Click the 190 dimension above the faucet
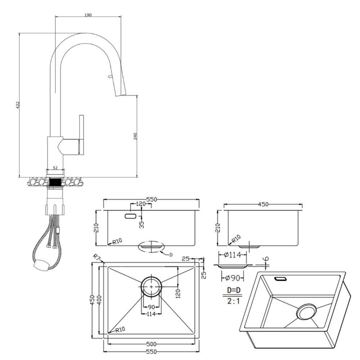click(x=88, y=15)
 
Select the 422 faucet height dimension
click(x=17, y=105)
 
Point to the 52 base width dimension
click(x=55, y=167)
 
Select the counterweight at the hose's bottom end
click(x=40, y=265)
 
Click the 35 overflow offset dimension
click(x=141, y=224)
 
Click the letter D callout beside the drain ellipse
click(x=171, y=255)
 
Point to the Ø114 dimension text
click(x=232, y=255)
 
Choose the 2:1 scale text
click(x=233, y=301)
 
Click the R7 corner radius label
click(x=96, y=257)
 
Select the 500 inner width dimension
click(x=151, y=343)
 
